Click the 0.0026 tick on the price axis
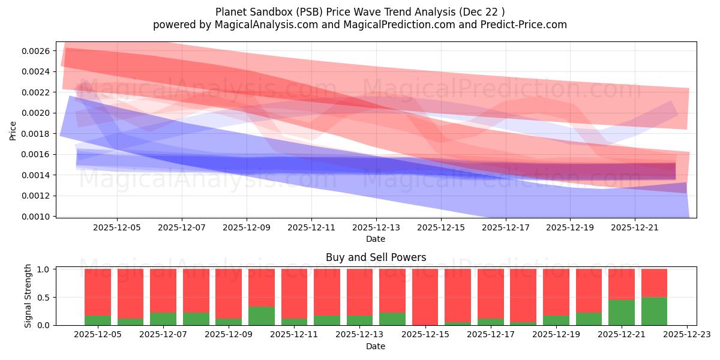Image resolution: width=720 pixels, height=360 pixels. [x=37, y=51]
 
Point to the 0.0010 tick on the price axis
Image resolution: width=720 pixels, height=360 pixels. [x=37, y=217]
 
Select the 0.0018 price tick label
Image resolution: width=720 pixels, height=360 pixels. [x=37, y=134]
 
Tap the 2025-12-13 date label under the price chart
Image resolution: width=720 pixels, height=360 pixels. [x=376, y=228]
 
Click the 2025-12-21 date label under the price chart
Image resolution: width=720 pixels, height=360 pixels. [x=635, y=228]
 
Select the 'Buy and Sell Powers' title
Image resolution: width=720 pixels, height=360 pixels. [x=376, y=257]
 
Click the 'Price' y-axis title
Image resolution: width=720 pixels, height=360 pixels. [x=13, y=130]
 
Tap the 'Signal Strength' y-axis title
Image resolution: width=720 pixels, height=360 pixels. [x=28, y=296]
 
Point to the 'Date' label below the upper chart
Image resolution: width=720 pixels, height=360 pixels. [x=376, y=239]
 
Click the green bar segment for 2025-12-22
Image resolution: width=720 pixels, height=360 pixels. [x=654, y=311]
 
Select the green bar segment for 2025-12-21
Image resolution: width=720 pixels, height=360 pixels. [x=621, y=313]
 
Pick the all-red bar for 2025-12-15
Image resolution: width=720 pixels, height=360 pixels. [x=425, y=297]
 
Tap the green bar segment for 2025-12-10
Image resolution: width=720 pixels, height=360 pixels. [x=261, y=316]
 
